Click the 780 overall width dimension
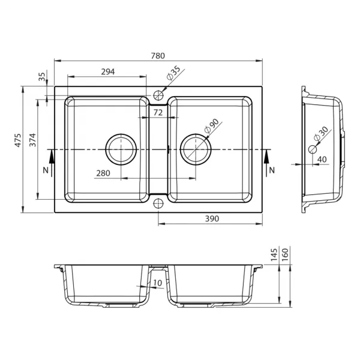coord(158,56)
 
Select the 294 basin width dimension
coord(108,72)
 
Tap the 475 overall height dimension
coord(18,140)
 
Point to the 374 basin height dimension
coord(33,140)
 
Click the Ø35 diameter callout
coord(173,73)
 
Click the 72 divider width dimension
coord(158,113)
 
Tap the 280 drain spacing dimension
coord(103,173)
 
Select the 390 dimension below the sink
coord(212,219)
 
